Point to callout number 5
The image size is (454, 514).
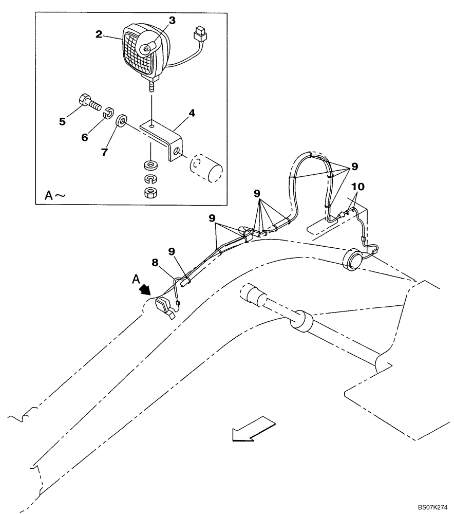click(x=62, y=122)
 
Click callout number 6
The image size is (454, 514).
click(x=85, y=138)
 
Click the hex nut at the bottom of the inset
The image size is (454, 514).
click(x=150, y=193)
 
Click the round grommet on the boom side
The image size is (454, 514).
click(x=352, y=258)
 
